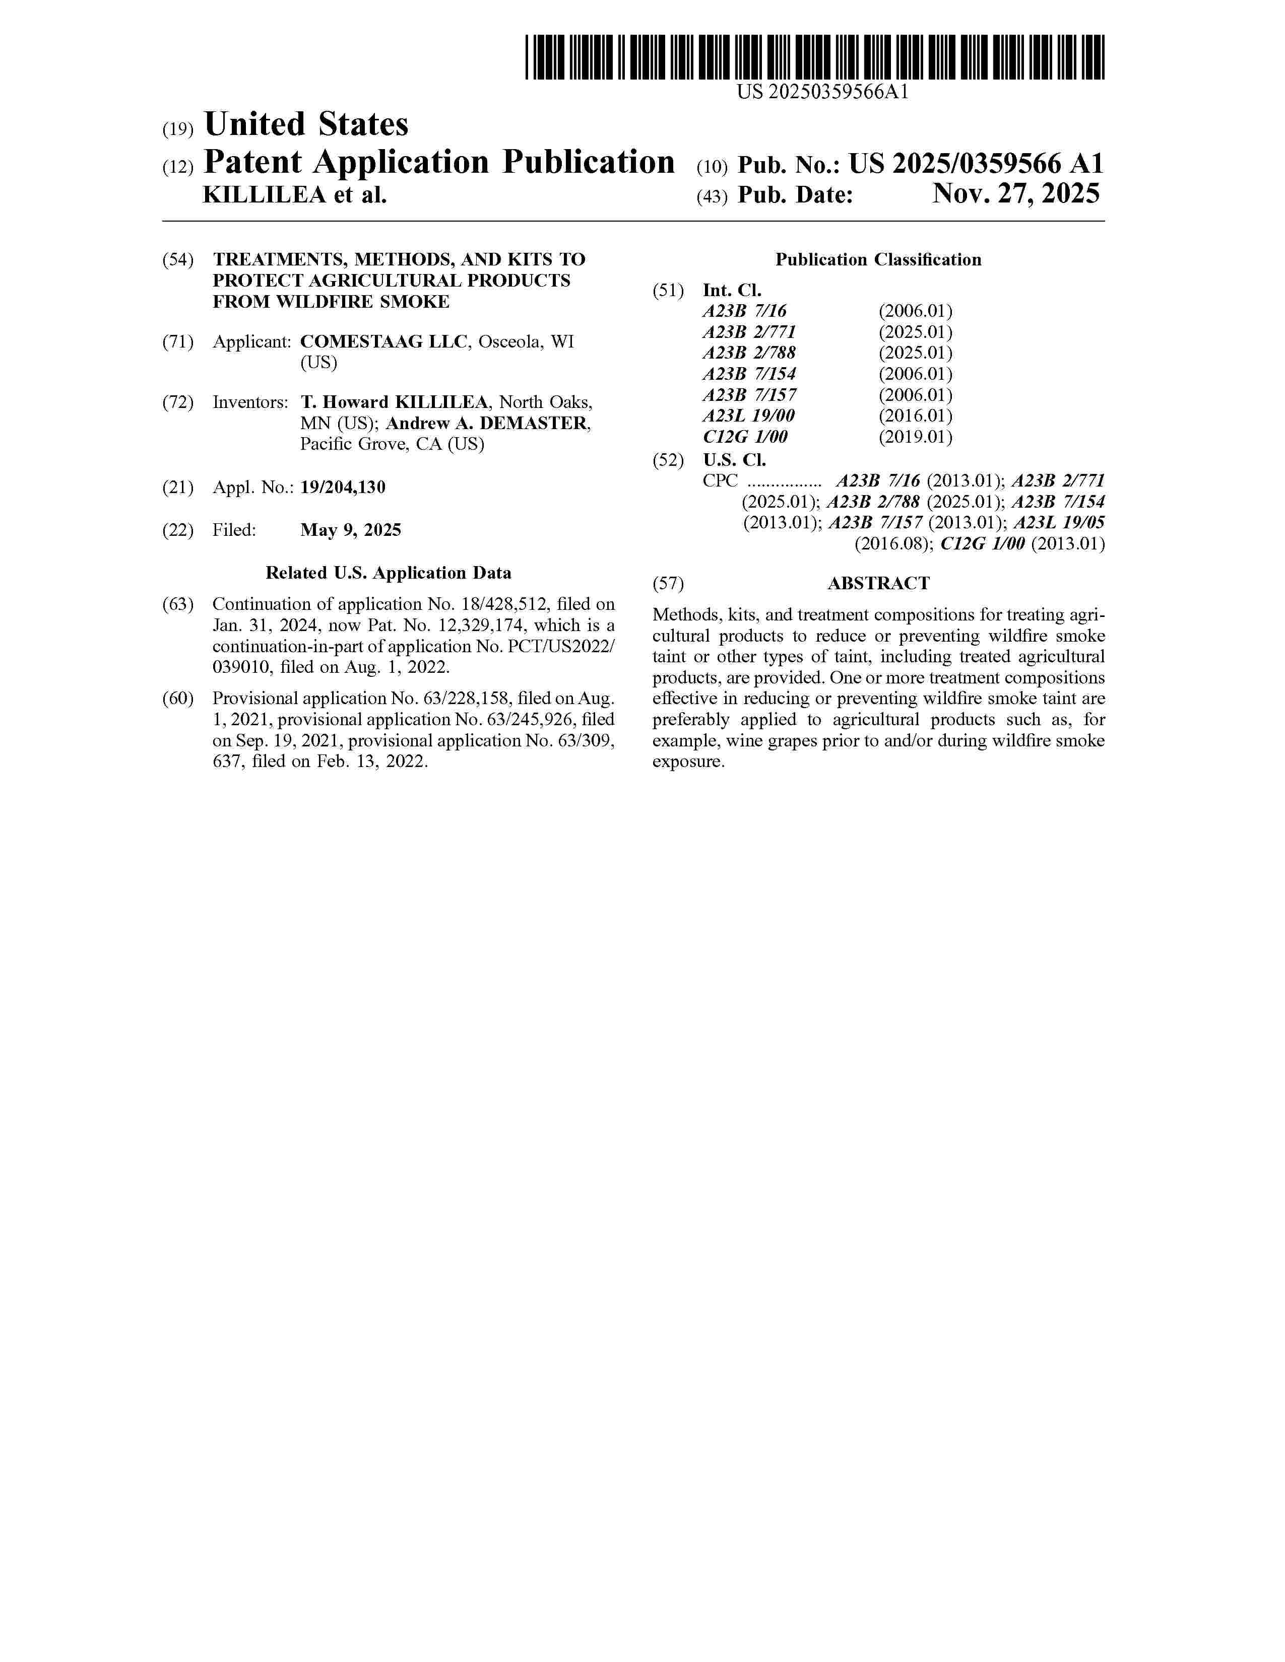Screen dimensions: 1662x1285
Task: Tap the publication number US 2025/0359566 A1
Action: (976, 164)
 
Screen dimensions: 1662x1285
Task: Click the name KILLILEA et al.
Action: (295, 195)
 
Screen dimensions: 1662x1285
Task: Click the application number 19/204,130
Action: (343, 487)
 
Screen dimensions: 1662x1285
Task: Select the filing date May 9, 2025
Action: (350, 530)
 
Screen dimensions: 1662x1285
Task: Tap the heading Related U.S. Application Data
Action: (388, 573)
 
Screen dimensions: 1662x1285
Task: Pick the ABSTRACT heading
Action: (878, 584)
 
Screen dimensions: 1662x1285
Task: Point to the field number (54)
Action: (178, 259)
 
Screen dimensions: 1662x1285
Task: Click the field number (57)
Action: (668, 584)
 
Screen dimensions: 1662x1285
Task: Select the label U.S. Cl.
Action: (734, 460)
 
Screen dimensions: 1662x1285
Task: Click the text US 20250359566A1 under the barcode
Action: (822, 93)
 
